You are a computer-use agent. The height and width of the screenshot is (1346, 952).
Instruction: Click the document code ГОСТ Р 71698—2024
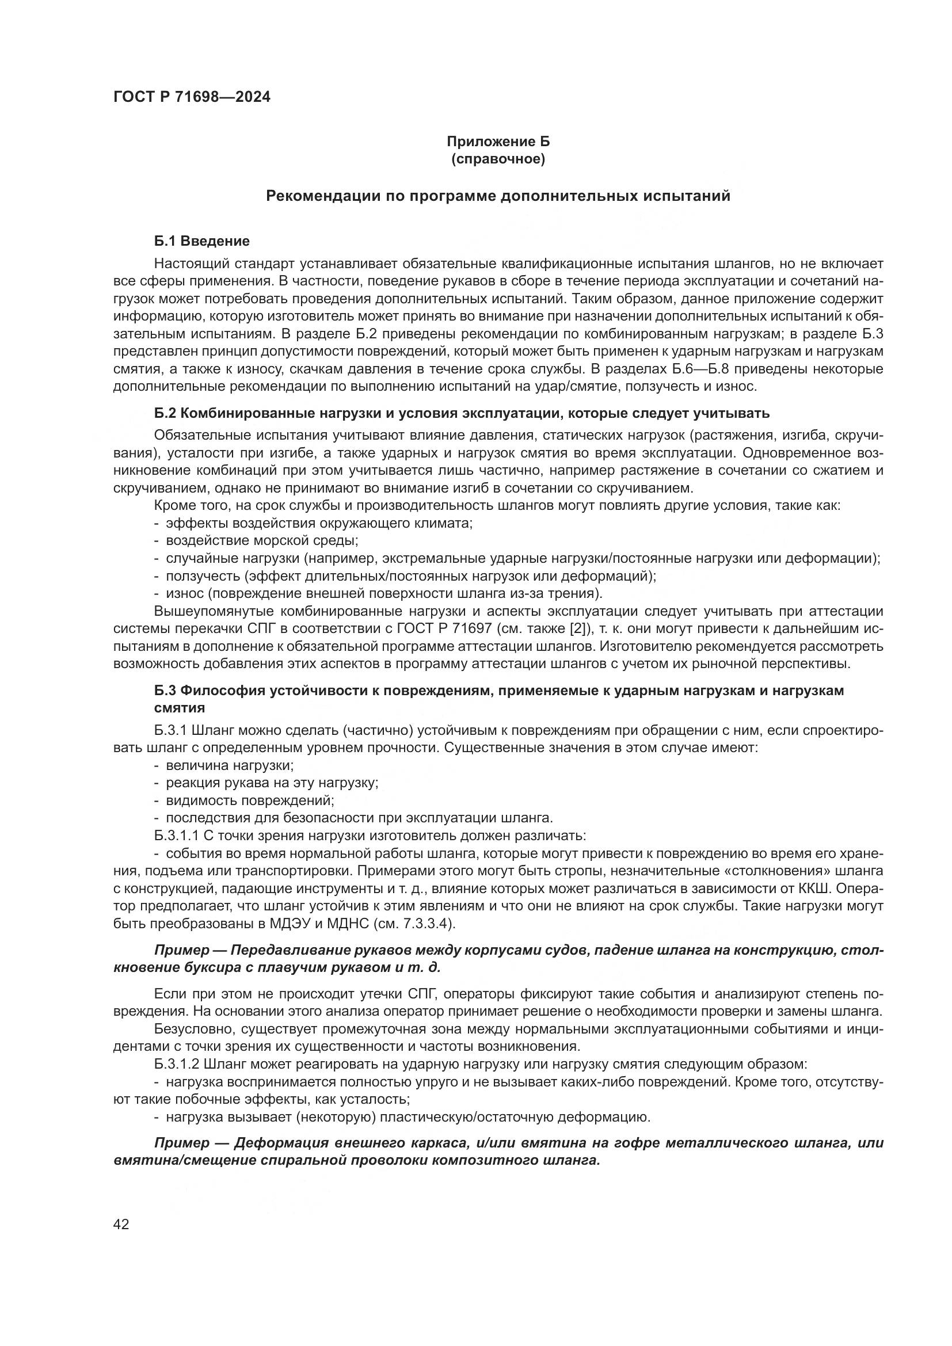(192, 97)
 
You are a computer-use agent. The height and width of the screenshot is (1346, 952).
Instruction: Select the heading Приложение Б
(498, 142)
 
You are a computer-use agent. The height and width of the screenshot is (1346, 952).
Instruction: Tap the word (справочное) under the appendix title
(498, 159)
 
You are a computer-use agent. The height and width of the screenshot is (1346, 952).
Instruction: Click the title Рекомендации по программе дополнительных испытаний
(498, 196)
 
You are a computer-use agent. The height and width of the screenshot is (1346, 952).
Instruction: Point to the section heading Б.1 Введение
(201, 241)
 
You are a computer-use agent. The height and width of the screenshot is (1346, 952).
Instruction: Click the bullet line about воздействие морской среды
(261, 540)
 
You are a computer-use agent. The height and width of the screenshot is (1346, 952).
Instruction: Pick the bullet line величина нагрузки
(229, 765)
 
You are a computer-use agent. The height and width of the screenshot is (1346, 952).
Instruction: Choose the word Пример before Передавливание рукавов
(177, 950)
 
